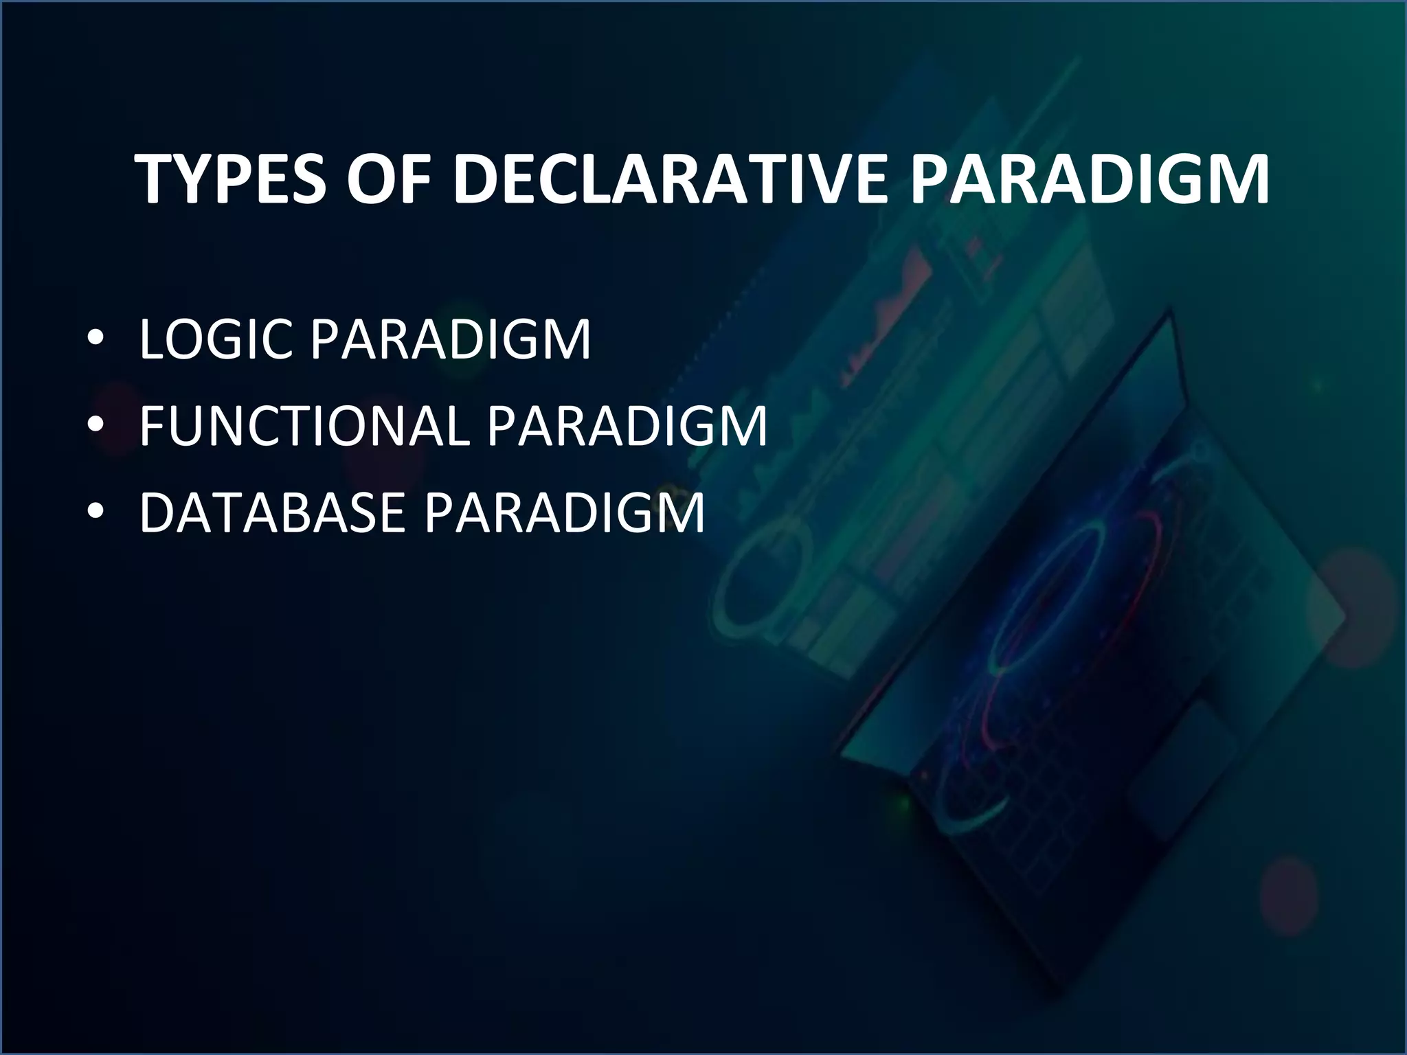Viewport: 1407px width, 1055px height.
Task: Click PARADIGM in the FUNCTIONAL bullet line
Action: pyautogui.click(x=627, y=426)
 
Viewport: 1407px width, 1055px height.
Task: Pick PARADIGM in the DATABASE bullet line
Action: pyautogui.click(x=565, y=512)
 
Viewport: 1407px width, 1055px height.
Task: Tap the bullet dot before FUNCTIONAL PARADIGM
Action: pyautogui.click(x=96, y=426)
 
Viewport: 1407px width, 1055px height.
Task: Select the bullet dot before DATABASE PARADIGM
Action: pyautogui.click(x=96, y=512)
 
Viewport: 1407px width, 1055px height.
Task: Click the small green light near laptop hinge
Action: pyautogui.click(x=901, y=802)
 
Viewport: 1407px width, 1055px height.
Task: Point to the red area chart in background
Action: pyautogui.click(x=886, y=316)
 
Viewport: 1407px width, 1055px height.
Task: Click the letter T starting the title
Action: pyautogui.click(x=155, y=179)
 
